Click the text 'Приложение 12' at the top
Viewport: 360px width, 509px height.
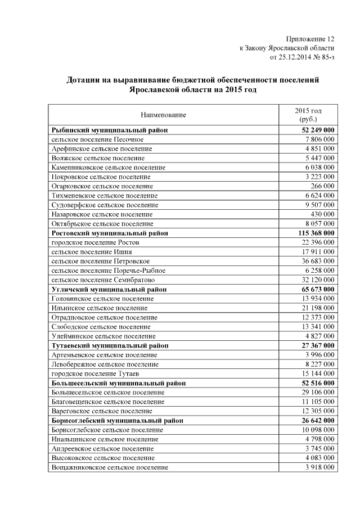pyautogui.click(x=310, y=39)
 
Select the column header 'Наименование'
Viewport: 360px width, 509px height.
pyautogui.click(x=163, y=115)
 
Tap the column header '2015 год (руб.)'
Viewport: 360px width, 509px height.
pyautogui.click(x=308, y=115)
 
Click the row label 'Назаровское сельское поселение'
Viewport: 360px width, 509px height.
pyautogui.click(x=102, y=214)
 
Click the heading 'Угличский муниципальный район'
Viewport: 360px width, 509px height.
pyautogui.click(x=109, y=289)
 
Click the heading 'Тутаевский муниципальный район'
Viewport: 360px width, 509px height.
pyautogui.click(x=110, y=345)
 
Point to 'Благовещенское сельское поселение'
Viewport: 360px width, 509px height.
pyautogui.click(x=107, y=402)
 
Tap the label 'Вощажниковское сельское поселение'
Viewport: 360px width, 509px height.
pyautogui.click(x=109, y=467)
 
